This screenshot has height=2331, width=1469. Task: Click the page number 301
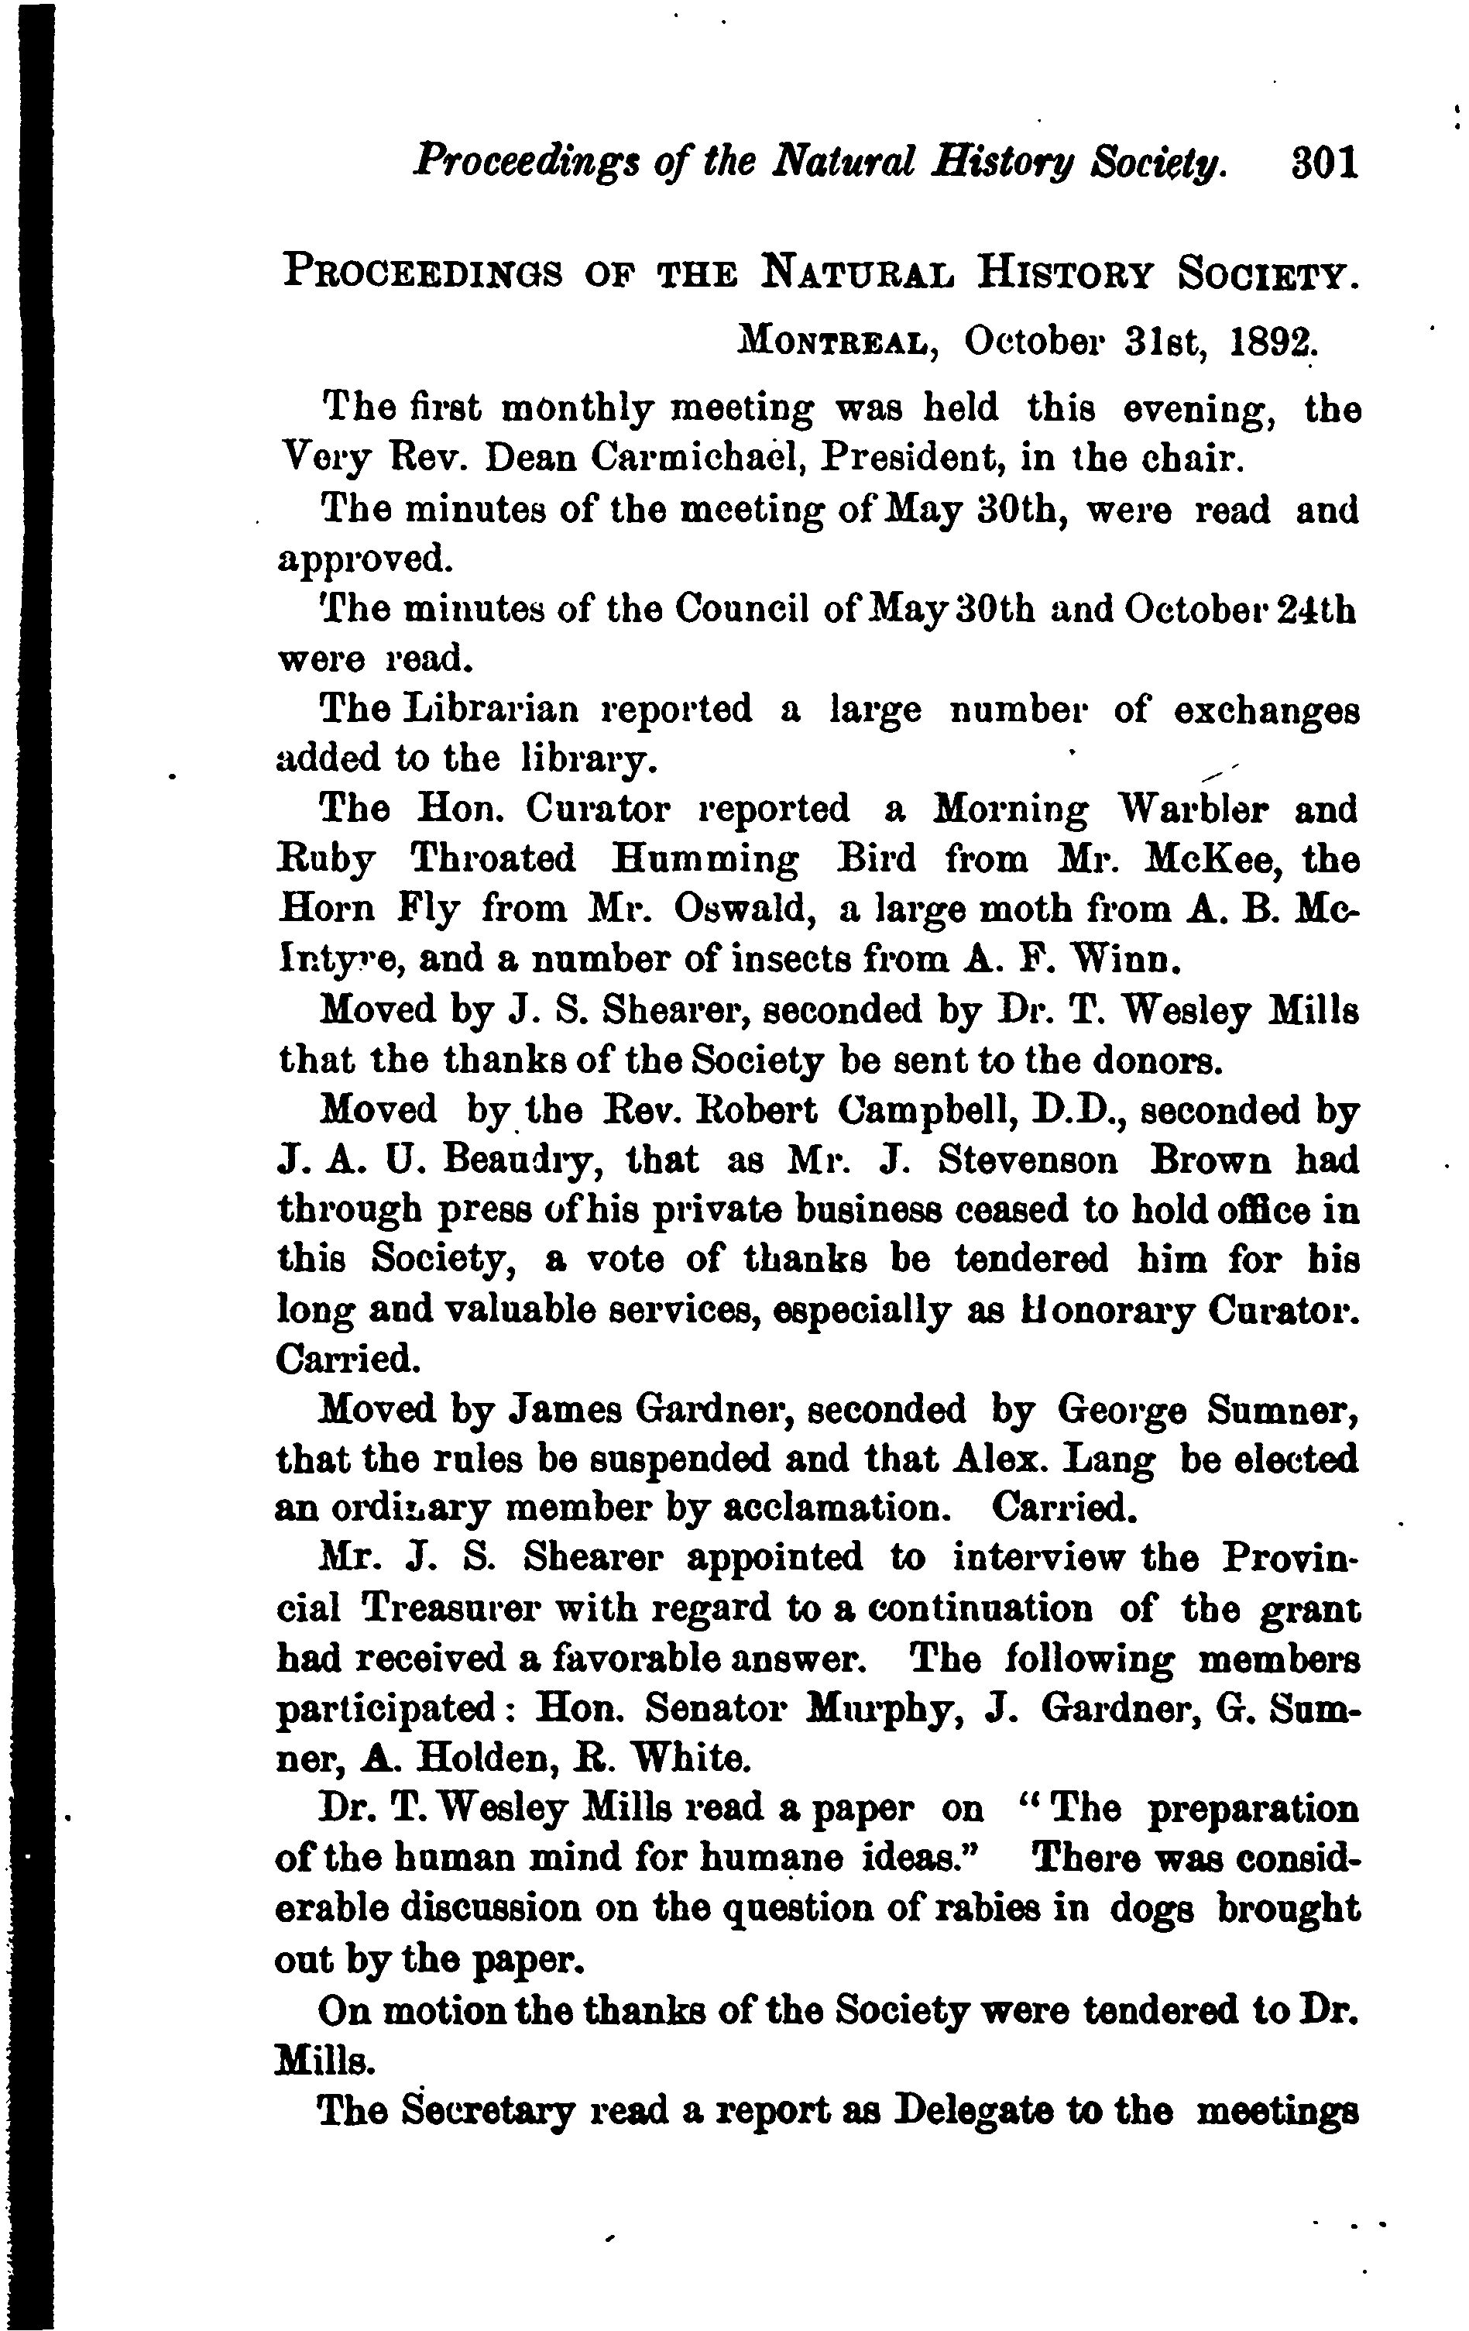click(x=1324, y=163)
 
